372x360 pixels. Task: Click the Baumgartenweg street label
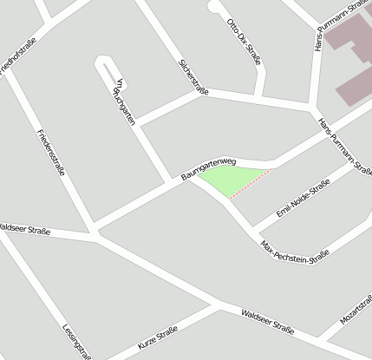pos(209,167)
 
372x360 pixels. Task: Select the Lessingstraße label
pos(77,340)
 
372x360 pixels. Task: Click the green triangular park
pos(231,180)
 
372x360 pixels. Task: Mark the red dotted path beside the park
pos(251,184)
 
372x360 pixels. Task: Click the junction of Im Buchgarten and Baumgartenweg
pos(170,182)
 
